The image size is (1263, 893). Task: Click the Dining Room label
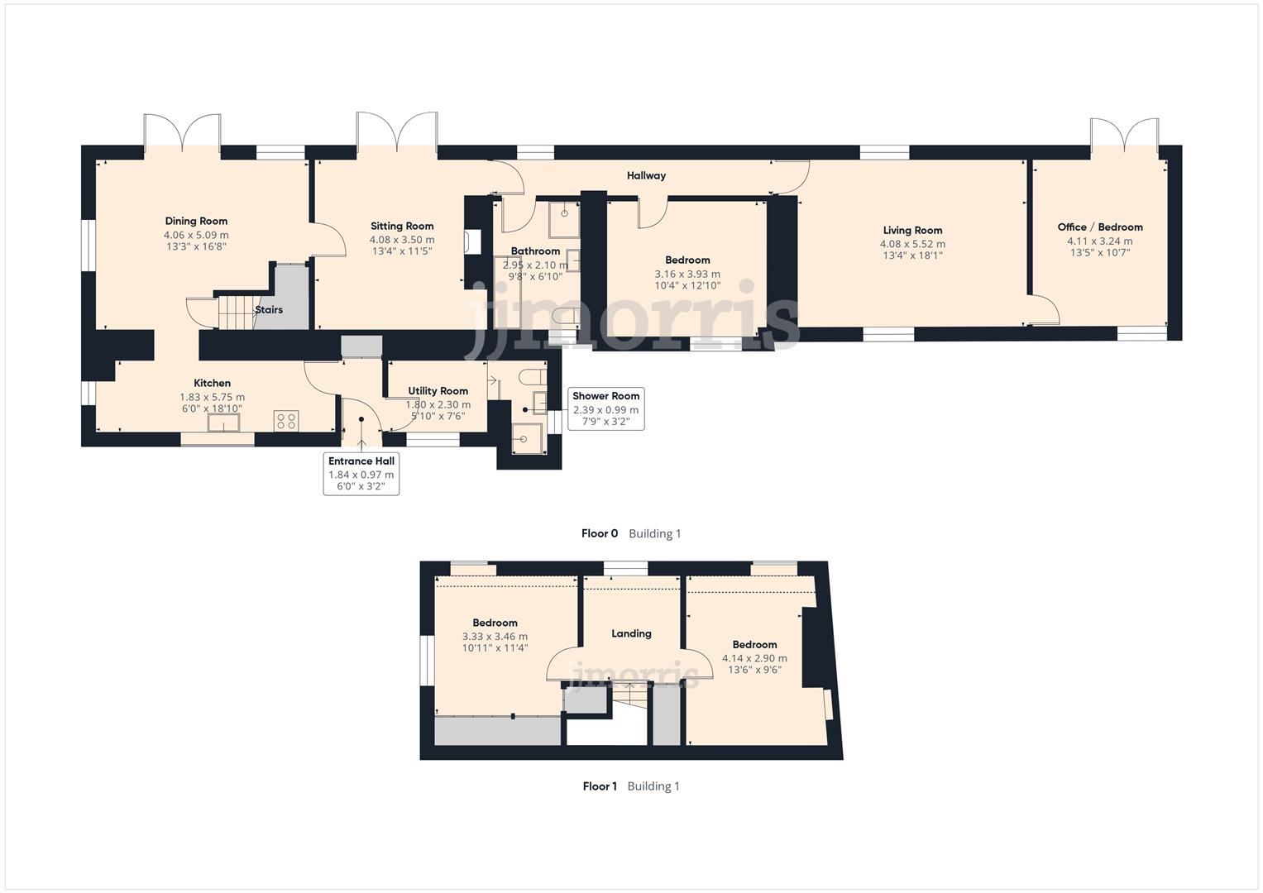coord(196,221)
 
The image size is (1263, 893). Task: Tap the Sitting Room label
coord(402,226)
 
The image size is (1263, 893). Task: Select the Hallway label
coord(646,175)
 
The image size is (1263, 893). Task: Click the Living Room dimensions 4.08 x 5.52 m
coord(912,244)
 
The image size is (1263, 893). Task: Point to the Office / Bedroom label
coord(1099,227)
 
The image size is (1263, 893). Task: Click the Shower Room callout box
coord(605,408)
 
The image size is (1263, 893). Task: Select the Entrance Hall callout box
coord(361,474)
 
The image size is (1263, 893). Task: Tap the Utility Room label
coord(438,391)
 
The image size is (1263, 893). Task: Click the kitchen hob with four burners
coord(286,421)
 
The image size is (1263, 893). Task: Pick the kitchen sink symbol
coord(224,423)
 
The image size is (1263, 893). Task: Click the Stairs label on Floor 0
coord(269,310)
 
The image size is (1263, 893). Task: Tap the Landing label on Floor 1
coord(631,633)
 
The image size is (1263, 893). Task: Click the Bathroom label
coord(535,251)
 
